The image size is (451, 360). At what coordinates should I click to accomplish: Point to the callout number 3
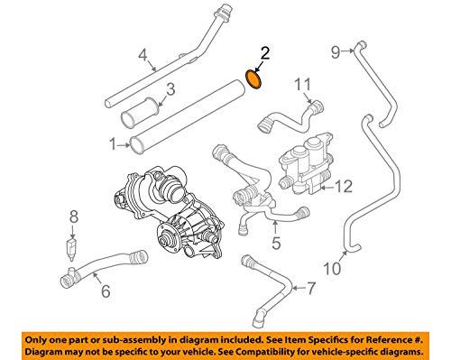pos(168,89)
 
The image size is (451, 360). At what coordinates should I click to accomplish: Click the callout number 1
pos(113,143)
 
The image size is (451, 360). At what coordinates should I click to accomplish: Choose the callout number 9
pos(335,51)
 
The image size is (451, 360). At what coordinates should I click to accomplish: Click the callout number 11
pos(304,86)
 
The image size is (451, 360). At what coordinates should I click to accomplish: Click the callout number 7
pos(312,290)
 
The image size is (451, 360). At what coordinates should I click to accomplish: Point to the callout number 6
pos(105,291)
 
